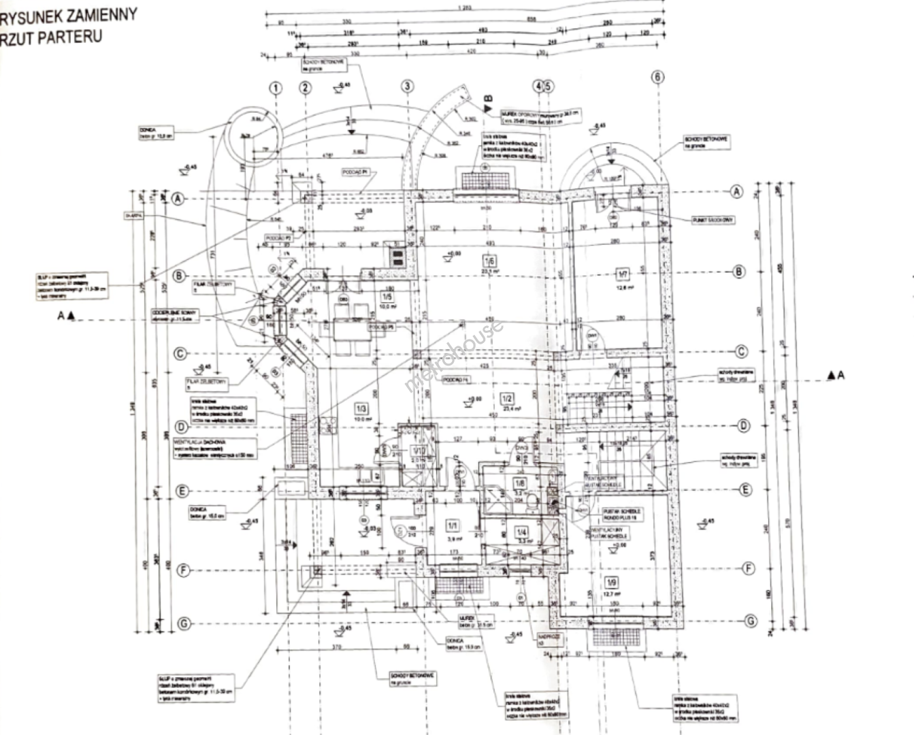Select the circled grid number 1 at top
point(275,88)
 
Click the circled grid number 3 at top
point(407,86)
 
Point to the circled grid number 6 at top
point(657,77)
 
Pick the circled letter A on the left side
point(178,199)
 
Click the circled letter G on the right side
point(751,621)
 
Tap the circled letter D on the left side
point(182,427)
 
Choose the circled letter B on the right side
point(738,272)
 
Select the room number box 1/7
point(623,274)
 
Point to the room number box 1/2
point(506,399)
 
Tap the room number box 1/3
point(361,408)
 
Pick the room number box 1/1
point(453,525)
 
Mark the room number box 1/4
point(522,532)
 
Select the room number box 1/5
point(387,296)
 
